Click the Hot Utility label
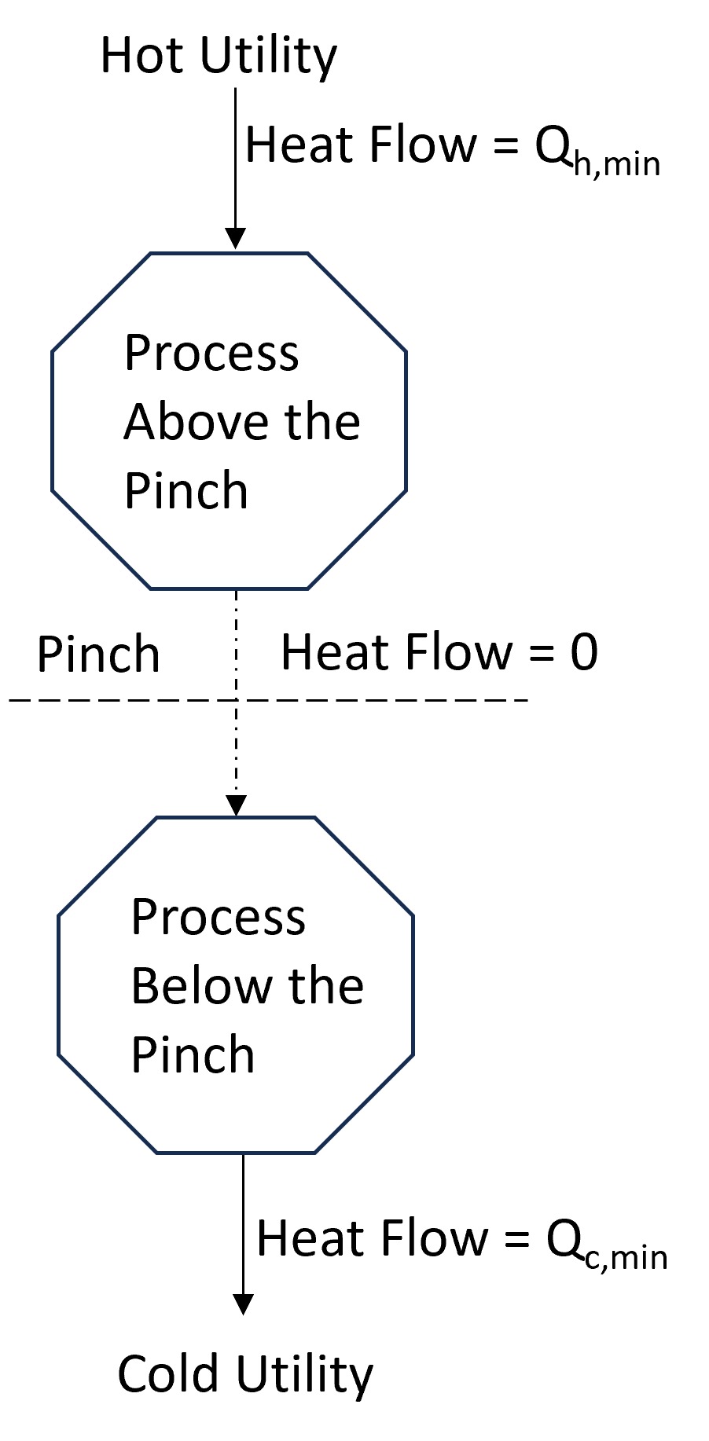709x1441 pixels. coord(219,57)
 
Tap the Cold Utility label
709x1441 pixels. coord(245,1375)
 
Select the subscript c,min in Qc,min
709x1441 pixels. coord(626,1258)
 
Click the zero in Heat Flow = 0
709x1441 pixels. coord(583,653)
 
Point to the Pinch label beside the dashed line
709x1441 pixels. coord(98,654)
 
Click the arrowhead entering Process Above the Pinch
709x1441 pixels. coord(235,239)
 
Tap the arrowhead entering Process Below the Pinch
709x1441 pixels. coord(236,805)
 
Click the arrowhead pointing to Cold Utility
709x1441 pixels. coord(244,1303)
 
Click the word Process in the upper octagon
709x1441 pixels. coord(211,354)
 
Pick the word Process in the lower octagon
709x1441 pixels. coord(218,918)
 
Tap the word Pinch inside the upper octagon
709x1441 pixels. coord(186,491)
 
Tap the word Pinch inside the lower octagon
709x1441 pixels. coord(193,1055)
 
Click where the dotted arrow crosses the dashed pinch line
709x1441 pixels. coord(236,699)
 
